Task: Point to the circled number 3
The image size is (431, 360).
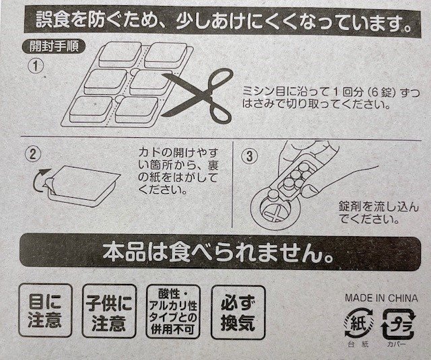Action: click(249, 155)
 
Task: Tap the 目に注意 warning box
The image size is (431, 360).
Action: click(45, 310)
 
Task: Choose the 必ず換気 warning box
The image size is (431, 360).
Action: click(238, 310)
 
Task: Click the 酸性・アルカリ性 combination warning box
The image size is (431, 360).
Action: click(173, 310)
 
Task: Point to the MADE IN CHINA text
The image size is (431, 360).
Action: click(380, 297)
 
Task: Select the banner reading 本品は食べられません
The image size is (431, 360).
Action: click(215, 252)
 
